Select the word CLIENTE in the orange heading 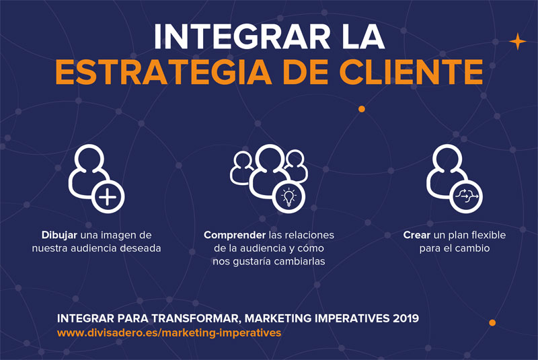pyautogui.click(x=411, y=72)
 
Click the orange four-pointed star pyautogui.click(x=518, y=42)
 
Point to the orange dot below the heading pyautogui.click(x=362, y=109)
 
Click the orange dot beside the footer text pyautogui.click(x=492, y=322)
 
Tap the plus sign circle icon pyautogui.click(x=108, y=197)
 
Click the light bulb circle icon pyautogui.click(x=289, y=197)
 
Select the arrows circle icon pyautogui.click(x=466, y=196)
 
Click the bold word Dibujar pyautogui.click(x=59, y=236)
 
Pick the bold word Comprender pyautogui.click(x=235, y=236)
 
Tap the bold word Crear pyautogui.click(x=417, y=235)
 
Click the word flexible pyautogui.click(x=489, y=235)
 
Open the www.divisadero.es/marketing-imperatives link pyautogui.click(x=169, y=333)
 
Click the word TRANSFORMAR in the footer pyautogui.click(x=197, y=318)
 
